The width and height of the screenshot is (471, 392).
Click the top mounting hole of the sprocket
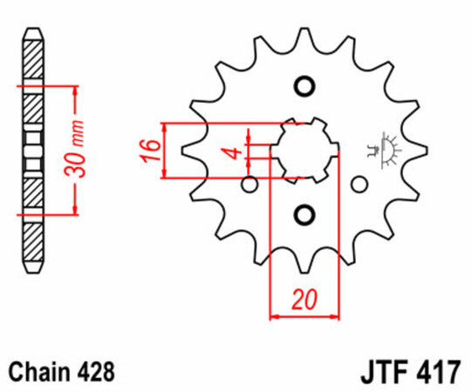[x=304, y=86]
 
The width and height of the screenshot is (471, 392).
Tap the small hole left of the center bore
[x=249, y=184]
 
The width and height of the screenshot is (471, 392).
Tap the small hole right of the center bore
[x=358, y=184]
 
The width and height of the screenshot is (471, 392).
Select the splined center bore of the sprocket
[x=304, y=150]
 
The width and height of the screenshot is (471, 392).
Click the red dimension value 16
[x=149, y=150]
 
